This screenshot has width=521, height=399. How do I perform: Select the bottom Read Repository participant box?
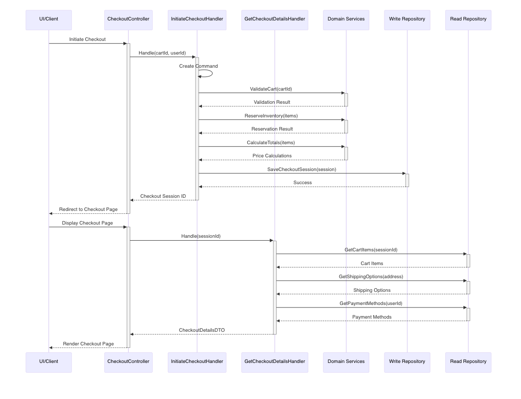[x=468, y=362]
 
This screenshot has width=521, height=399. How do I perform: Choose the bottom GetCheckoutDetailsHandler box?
[x=275, y=362]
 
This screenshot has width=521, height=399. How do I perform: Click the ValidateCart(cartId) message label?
[x=271, y=89]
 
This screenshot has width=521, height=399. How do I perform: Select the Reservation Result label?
[x=272, y=129]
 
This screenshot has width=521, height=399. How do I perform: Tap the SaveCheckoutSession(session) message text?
[x=301, y=170]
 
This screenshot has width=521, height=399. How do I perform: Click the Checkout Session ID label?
[x=163, y=196]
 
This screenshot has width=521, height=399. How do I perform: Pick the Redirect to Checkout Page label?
[x=88, y=209]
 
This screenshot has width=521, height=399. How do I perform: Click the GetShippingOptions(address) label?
[x=371, y=277]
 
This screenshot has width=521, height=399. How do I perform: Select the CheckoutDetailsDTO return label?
[x=201, y=330]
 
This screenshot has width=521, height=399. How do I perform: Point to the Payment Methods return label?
[x=372, y=317]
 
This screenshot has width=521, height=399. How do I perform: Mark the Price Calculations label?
[x=272, y=156]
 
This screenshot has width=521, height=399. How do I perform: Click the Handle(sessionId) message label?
[x=201, y=236]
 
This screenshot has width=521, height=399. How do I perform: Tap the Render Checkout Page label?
[x=88, y=344]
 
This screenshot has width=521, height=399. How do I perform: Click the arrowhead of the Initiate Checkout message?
[x=125, y=43]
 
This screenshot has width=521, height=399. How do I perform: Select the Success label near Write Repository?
[x=302, y=183]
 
